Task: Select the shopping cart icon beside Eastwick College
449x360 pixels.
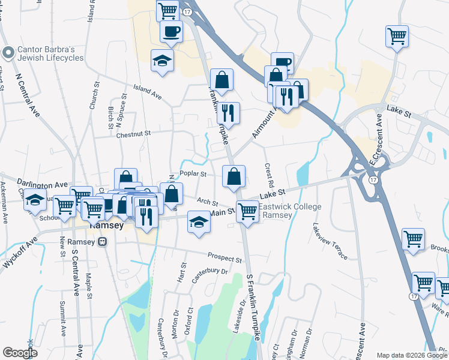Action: click(247, 212)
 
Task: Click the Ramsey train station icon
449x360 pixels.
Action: click(103, 242)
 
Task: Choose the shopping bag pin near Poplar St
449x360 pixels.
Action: click(234, 177)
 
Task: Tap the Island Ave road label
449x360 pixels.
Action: click(148, 95)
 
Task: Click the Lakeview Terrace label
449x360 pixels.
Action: click(330, 241)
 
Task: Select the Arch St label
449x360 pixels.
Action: click(206, 202)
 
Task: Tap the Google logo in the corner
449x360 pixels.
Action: click(20, 353)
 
